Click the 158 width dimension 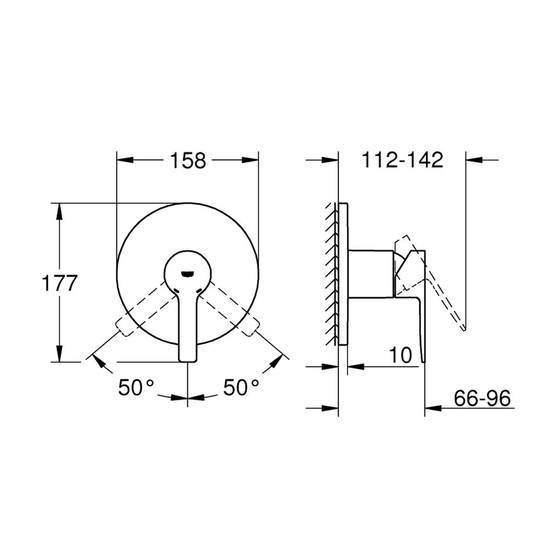(x=188, y=161)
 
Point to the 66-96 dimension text (x=482, y=398)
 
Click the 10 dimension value (x=400, y=355)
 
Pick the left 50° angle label (x=136, y=387)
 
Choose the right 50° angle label (x=242, y=387)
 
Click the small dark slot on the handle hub (x=188, y=274)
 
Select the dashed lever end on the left (x=124, y=326)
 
